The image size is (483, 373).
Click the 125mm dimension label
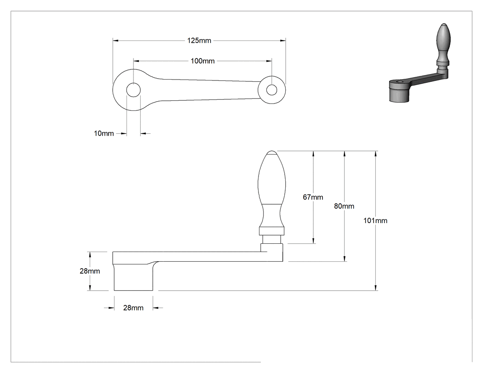coord(199,40)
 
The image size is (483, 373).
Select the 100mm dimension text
coord(202,61)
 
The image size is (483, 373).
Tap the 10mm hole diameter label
coord(104,133)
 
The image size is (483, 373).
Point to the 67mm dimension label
coord(313,197)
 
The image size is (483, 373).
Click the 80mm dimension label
coord(344,206)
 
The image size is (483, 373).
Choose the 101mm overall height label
coord(375,221)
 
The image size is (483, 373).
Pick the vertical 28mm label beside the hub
coord(90,271)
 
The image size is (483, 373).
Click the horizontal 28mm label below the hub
coord(133,308)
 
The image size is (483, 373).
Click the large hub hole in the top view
coord(133,90)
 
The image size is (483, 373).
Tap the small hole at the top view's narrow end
coord(272,90)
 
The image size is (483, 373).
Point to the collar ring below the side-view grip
coord(271,231)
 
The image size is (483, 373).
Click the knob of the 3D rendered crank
coord(443,37)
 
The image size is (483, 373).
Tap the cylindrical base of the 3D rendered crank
coord(400,94)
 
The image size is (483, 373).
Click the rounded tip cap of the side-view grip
coord(271,152)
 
